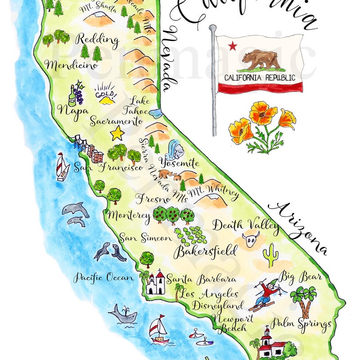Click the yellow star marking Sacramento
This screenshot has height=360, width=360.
pyautogui.click(x=117, y=133)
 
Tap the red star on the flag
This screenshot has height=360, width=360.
pyautogui.click(x=232, y=45)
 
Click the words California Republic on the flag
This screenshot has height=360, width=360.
pyautogui.click(x=260, y=77)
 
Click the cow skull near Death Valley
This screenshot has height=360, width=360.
pyautogui.click(x=251, y=239)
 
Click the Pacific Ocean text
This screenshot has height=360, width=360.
pyautogui.click(x=104, y=278)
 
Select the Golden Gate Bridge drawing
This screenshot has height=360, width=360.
pyautogui.click(x=81, y=143)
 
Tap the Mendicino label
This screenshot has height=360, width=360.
pyautogui.click(x=72, y=65)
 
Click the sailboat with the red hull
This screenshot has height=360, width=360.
pyautogui.click(x=159, y=331)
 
